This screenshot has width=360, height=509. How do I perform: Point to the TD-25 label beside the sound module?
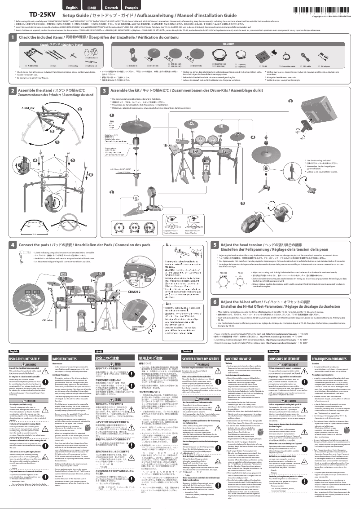166,146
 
